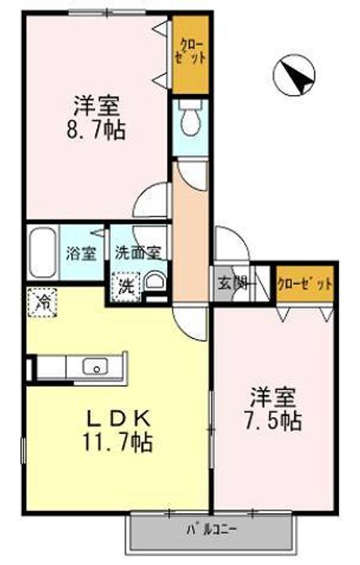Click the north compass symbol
(x=294, y=75)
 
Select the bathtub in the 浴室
(x=42, y=252)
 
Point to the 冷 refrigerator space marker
(x=42, y=302)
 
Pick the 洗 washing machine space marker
(x=125, y=286)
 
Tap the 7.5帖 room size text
(x=273, y=421)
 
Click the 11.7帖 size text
(x=118, y=443)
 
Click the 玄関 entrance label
(x=233, y=284)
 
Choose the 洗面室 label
(x=138, y=253)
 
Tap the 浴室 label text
(x=81, y=253)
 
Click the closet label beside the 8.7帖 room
(x=191, y=53)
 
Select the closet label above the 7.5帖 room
(x=305, y=285)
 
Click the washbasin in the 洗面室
(x=155, y=281)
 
